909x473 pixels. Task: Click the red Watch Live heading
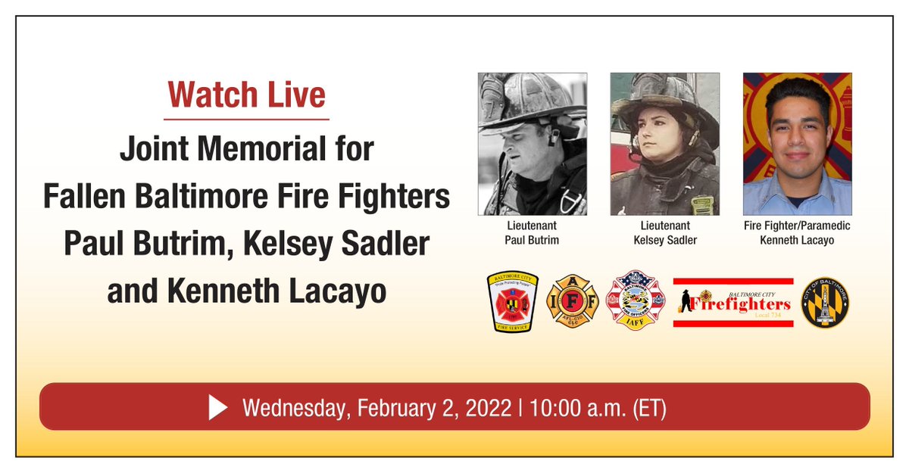coord(247,95)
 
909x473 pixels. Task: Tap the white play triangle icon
coord(218,408)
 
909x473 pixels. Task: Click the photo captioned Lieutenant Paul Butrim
coord(532,144)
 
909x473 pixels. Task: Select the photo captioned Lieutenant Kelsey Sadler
coord(664,144)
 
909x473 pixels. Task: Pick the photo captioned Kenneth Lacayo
coord(797,144)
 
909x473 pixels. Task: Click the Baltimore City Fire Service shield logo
coord(512,302)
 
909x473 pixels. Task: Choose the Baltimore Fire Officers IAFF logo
coord(635,302)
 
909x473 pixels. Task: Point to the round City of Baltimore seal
coord(825,302)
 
